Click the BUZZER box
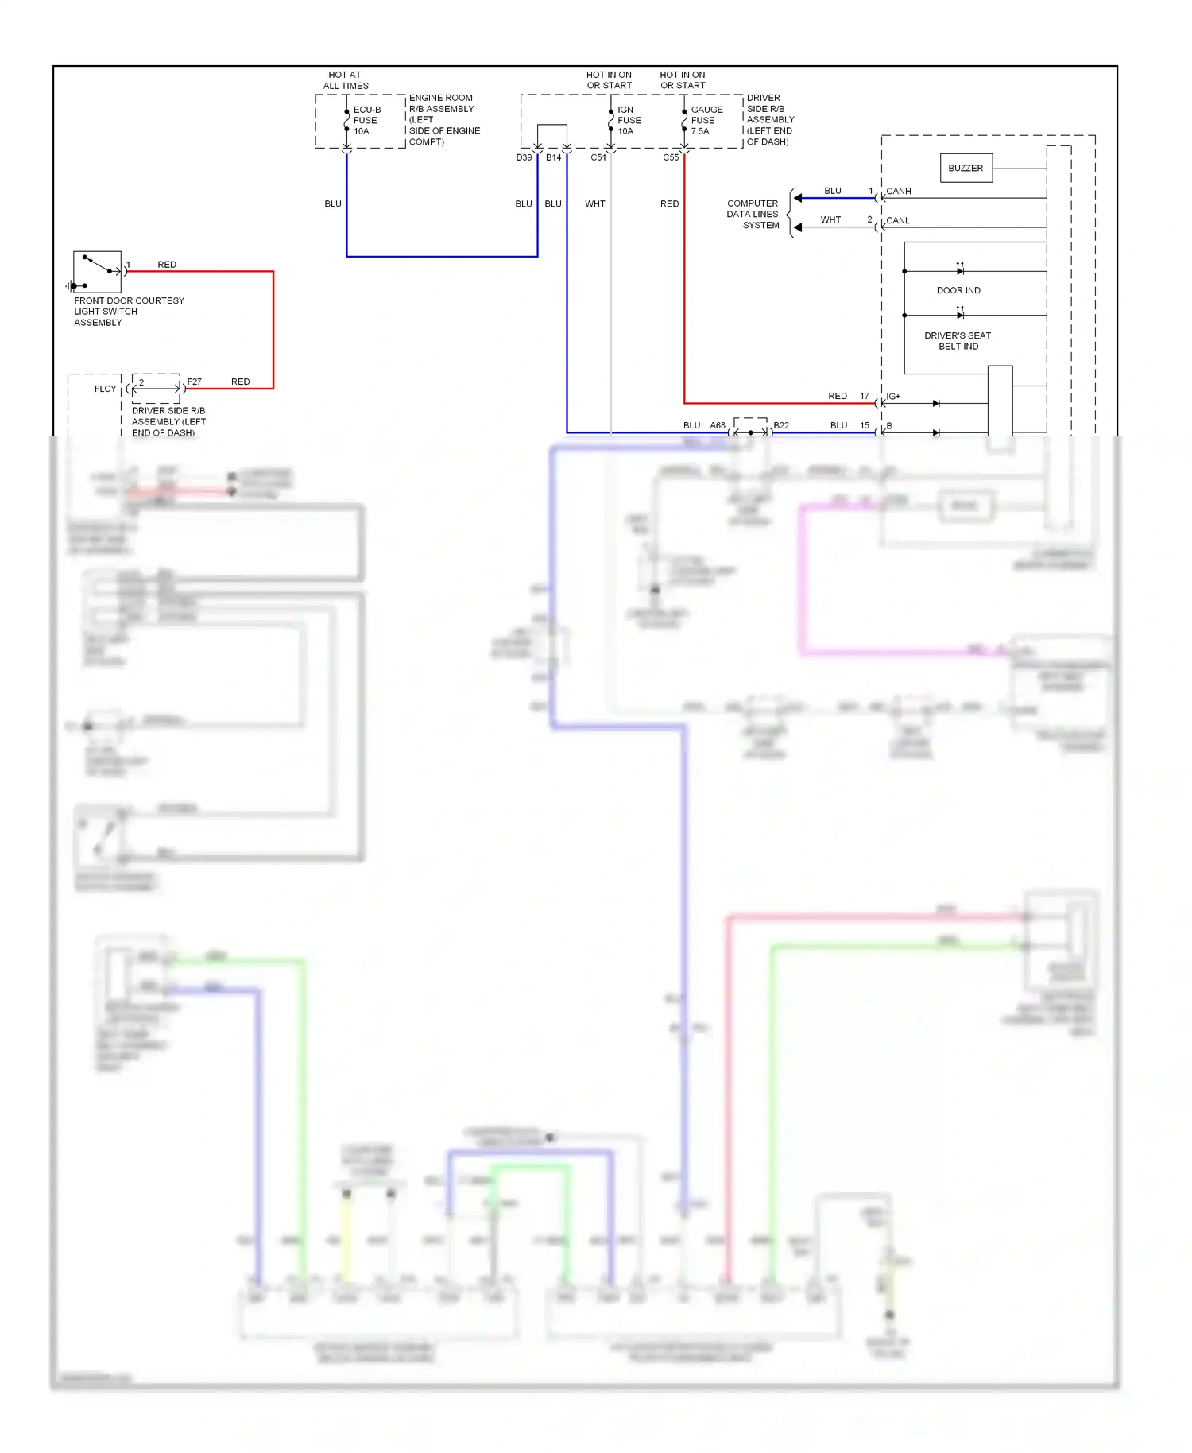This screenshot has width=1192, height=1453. [x=966, y=168]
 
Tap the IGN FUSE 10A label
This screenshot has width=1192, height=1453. [x=629, y=120]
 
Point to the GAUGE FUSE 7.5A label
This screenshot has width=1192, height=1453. [x=706, y=120]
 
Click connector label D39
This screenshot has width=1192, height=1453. [x=524, y=157]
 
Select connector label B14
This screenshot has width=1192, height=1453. [x=553, y=157]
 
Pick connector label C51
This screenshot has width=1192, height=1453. [x=598, y=157]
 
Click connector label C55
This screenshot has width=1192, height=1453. [x=671, y=157]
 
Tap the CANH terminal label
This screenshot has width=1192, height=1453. [x=898, y=191]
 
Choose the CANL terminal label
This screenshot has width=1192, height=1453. [x=897, y=220]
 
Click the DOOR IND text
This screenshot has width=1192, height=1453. [x=958, y=290]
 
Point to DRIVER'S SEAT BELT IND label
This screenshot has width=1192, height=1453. [x=958, y=341]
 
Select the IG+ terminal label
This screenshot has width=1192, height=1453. [x=893, y=396]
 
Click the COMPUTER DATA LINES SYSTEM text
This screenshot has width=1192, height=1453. [x=753, y=214]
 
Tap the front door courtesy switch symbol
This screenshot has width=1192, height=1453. [x=97, y=271]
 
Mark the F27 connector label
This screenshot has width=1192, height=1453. [x=194, y=382]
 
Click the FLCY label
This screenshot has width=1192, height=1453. [x=105, y=389]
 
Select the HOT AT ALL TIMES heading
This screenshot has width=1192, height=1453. [x=345, y=80]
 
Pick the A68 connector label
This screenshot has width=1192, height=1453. [x=717, y=425]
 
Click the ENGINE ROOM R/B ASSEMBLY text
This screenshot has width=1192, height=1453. [x=443, y=119]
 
